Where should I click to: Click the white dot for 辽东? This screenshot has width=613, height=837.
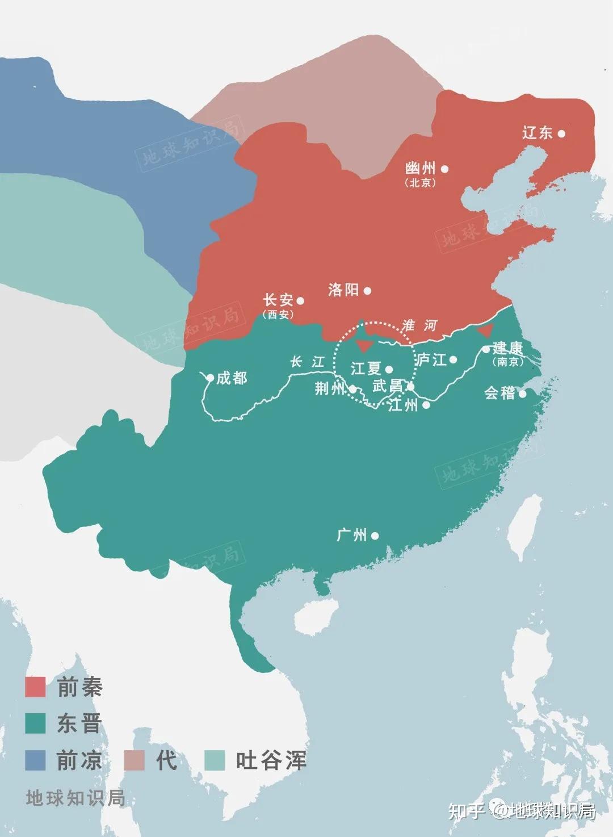pos(561,133)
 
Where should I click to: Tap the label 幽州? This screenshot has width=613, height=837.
pos(421,168)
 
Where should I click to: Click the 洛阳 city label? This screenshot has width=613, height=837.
pos(343,290)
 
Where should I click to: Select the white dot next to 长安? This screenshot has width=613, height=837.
pos(301,301)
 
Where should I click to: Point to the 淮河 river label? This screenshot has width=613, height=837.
pos(420,325)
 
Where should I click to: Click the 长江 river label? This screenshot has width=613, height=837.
pos(307,362)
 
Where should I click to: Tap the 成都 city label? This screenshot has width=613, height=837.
pos(232,378)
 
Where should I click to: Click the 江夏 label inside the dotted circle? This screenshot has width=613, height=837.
pos(366,369)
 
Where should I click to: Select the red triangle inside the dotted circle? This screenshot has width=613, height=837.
pos(364,346)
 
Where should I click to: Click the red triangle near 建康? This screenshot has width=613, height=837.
pos(485,332)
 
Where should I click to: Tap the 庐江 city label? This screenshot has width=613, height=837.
pos(432,360)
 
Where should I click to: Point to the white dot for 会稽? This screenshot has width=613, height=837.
pos(523,394)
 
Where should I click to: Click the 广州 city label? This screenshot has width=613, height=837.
pos(352,535)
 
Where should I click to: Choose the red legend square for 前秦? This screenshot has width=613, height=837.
pos(35,687)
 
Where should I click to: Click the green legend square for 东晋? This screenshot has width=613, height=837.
pos(35,723)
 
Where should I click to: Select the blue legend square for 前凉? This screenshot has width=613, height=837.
pos(35,760)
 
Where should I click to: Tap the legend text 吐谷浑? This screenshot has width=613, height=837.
pos(271,760)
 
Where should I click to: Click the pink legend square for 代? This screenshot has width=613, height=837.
pos(135,760)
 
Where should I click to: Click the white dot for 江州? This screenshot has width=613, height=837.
pos(426,405)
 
